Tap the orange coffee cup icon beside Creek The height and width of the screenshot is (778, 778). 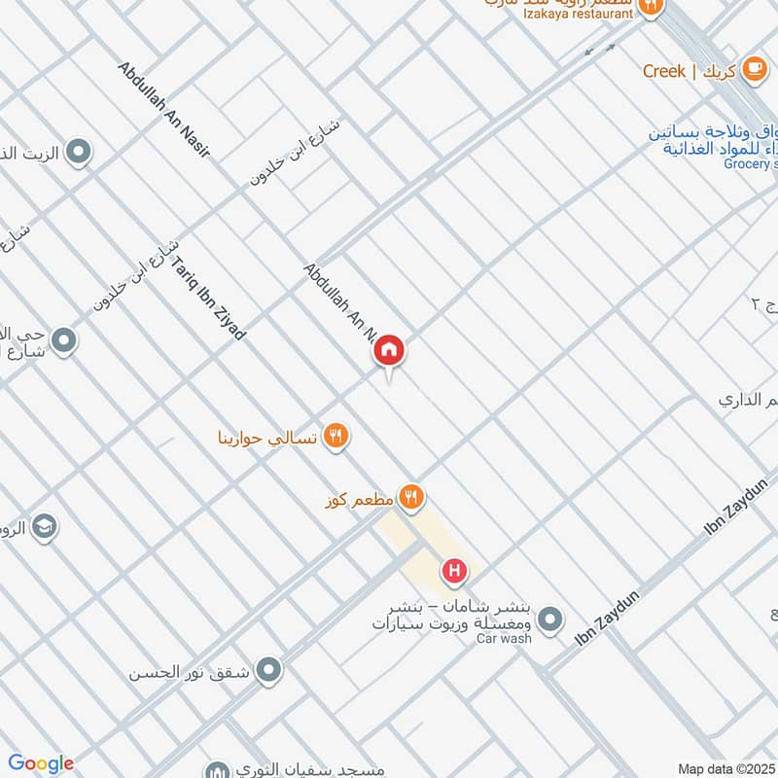point(753,70)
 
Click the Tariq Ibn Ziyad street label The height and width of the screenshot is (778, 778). point(209,297)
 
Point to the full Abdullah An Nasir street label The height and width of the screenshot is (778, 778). point(163,110)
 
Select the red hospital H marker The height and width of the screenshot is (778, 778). point(454,571)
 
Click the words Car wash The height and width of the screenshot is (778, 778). point(504,639)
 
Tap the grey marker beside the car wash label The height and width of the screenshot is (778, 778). point(550,619)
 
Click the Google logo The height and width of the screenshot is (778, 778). point(40,763)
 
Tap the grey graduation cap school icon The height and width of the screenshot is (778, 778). point(44,527)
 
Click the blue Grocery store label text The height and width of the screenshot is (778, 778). point(751,164)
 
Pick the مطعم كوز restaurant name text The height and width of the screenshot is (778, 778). point(359,499)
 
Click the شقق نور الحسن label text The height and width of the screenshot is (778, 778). point(190,671)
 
